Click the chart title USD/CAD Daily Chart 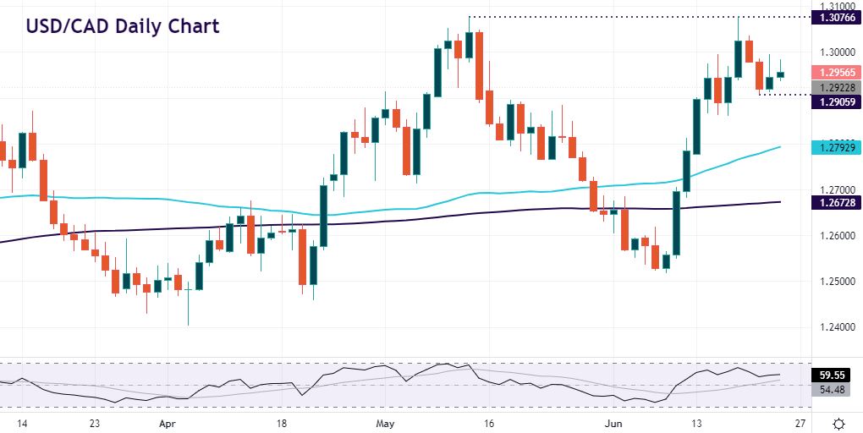click(123, 25)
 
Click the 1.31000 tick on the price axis click(833, 5)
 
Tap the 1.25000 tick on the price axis click(833, 281)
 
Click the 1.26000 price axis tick click(833, 235)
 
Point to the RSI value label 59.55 click(833, 374)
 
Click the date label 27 click(800, 422)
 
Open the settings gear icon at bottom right click(838, 422)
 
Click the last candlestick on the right click(780, 74)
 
